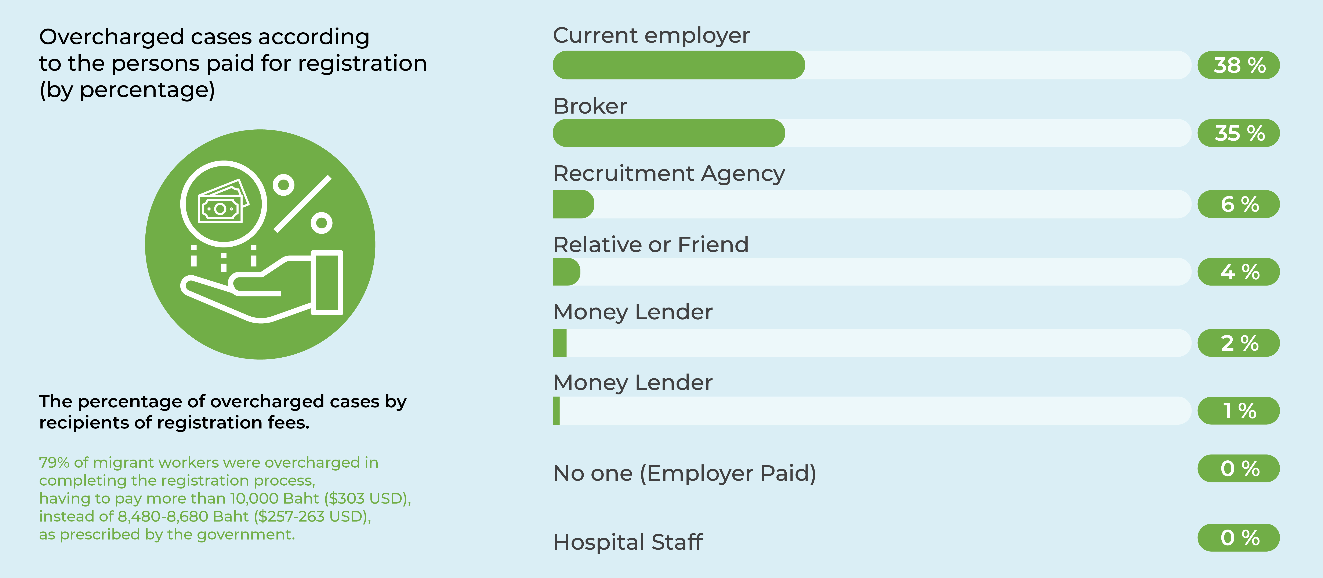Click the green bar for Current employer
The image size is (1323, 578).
tap(678, 65)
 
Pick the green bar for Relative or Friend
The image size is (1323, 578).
tap(566, 272)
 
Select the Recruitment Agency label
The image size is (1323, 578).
tap(669, 173)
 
